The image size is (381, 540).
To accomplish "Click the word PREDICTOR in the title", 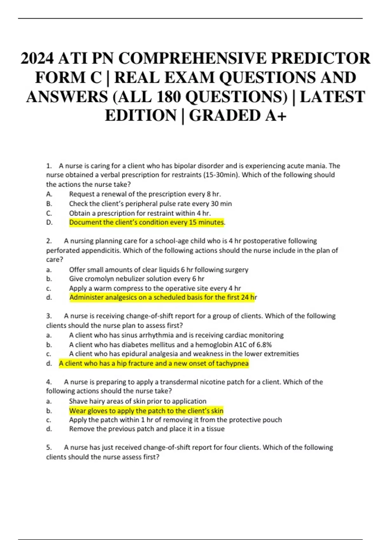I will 320,58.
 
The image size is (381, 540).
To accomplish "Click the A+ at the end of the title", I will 276,116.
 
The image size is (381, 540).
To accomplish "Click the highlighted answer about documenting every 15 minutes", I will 146,222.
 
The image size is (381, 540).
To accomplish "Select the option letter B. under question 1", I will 49,204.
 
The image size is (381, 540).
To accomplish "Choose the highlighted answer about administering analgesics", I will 163,298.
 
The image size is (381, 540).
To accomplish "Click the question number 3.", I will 49,316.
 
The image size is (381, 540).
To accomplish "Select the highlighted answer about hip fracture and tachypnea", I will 154,363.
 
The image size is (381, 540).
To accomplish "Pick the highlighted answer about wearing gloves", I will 146,411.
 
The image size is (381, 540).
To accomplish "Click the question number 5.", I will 49,448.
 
